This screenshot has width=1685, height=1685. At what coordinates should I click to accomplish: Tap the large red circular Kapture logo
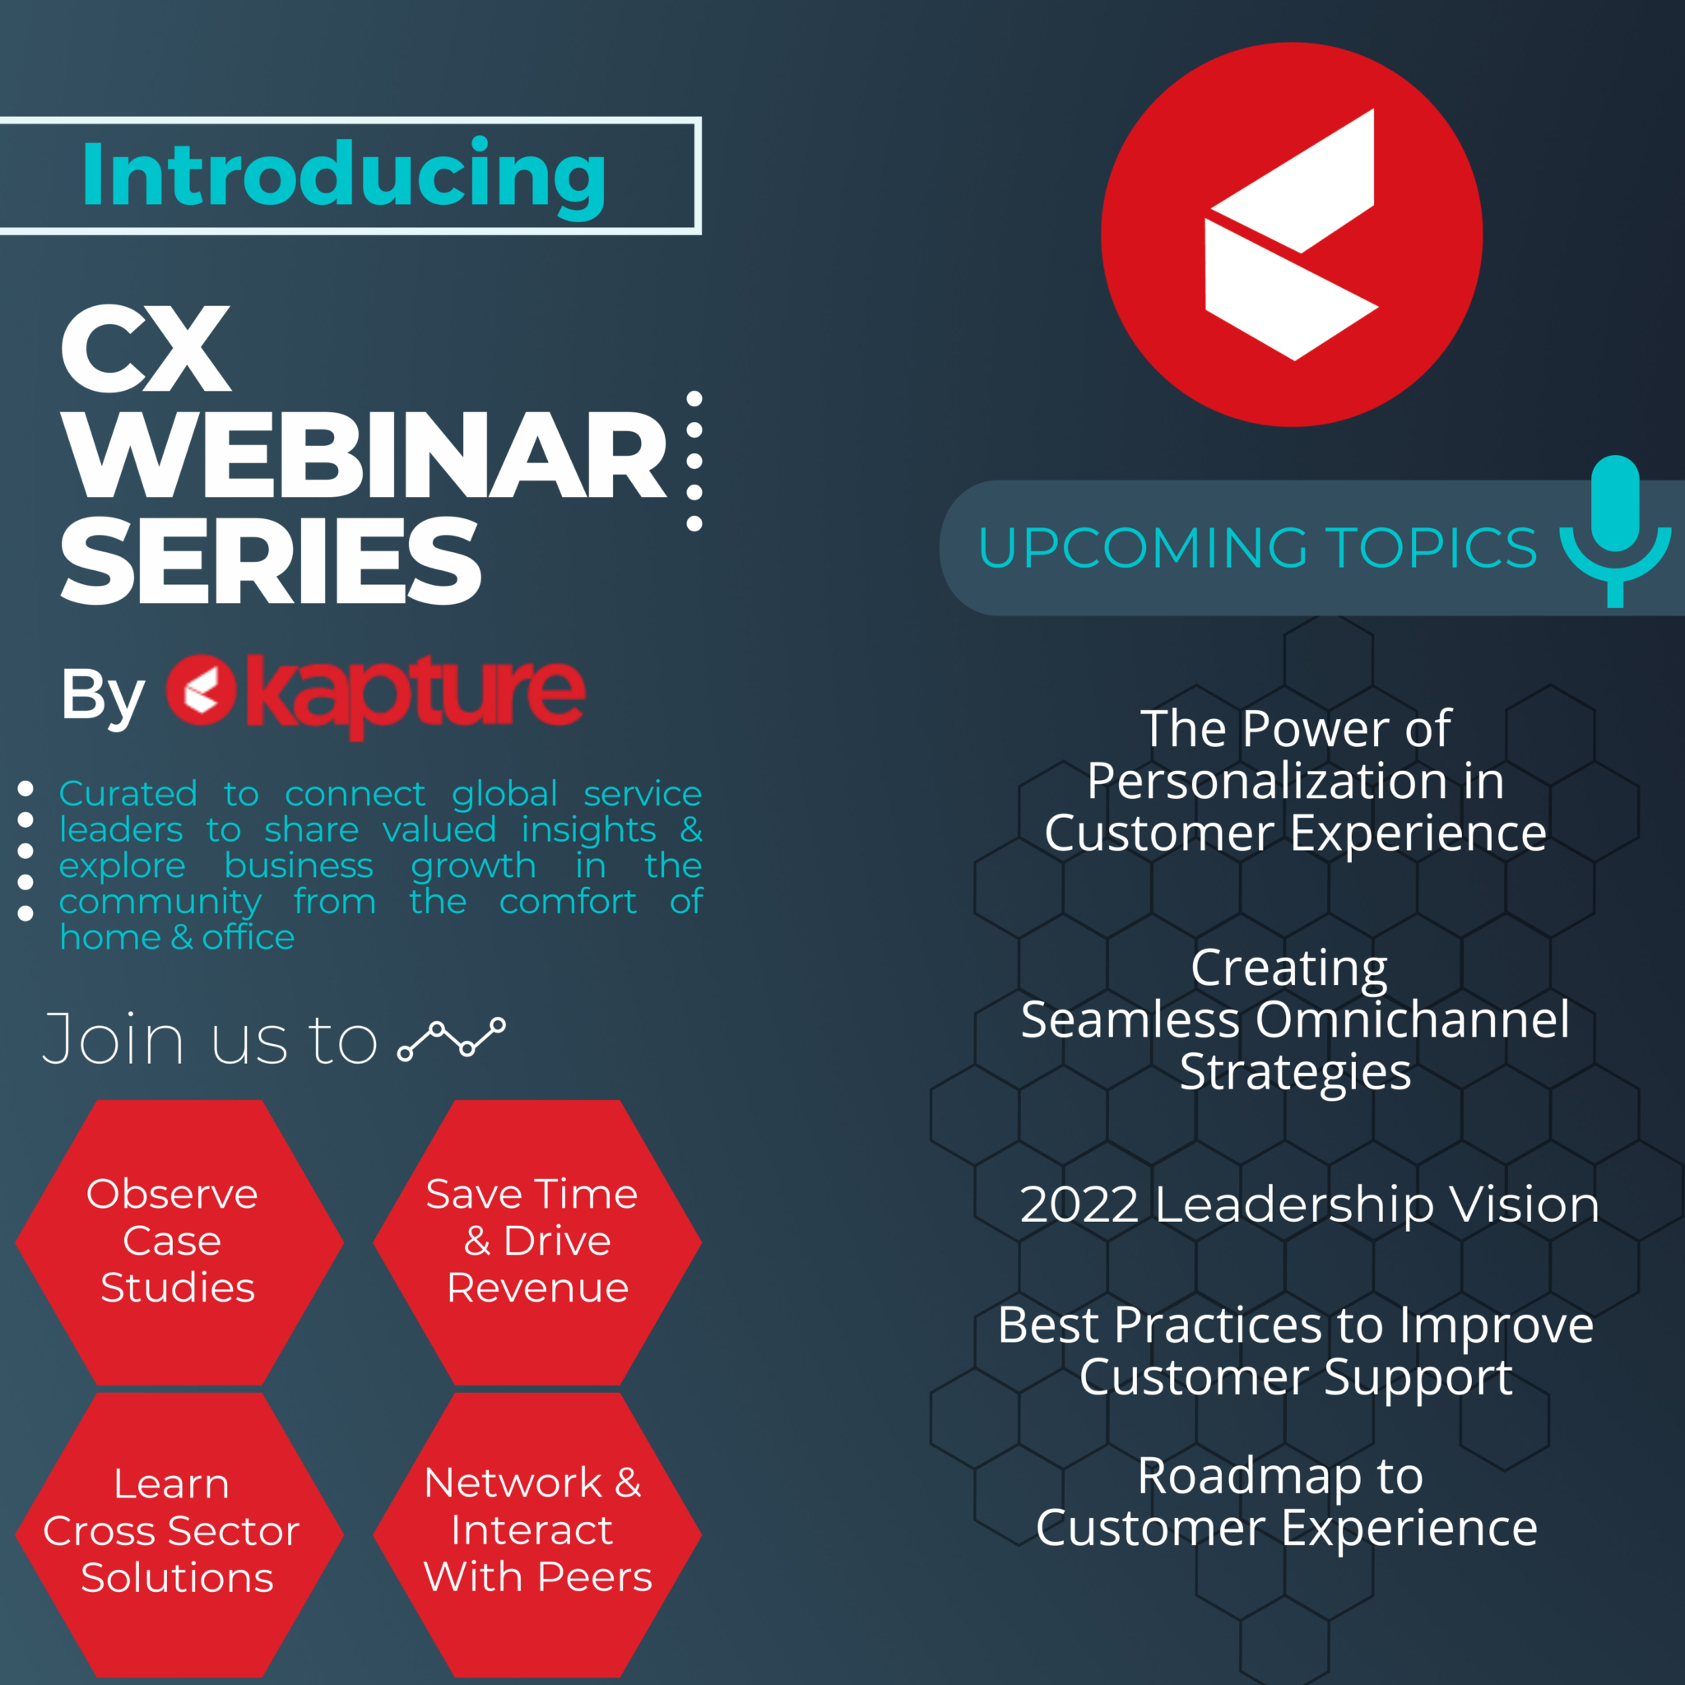tap(1291, 234)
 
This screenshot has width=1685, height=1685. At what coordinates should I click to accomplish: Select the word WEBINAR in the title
tap(364, 455)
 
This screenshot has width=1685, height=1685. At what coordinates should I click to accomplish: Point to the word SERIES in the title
tap(271, 560)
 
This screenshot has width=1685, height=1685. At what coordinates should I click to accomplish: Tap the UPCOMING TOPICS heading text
tap(1258, 548)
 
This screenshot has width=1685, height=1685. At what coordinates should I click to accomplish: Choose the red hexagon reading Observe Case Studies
tap(179, 1242)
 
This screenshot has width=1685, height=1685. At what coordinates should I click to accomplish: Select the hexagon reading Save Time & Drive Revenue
tap(537, 1242)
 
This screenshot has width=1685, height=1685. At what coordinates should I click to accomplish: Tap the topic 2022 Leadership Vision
tap(1309, 1205)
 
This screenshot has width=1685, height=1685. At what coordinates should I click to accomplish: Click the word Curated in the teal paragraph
tap(128, 794)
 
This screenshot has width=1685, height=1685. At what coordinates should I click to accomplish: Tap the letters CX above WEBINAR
tap(146, 349)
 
